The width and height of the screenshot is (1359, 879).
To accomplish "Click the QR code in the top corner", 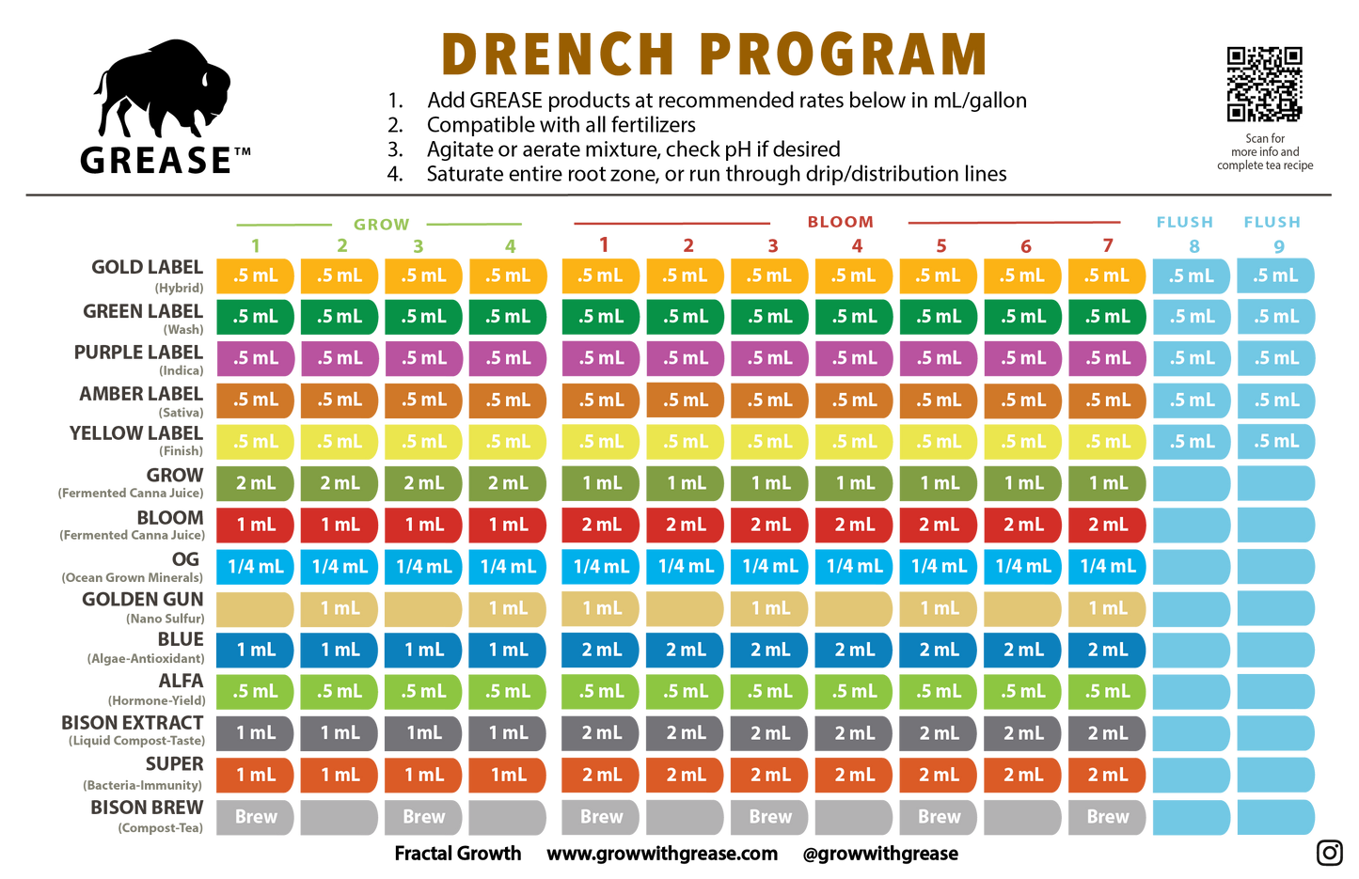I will click(1264, 84).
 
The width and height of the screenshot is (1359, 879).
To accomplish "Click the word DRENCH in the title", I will click(558, 54).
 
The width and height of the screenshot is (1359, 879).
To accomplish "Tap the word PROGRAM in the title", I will click(843, 54).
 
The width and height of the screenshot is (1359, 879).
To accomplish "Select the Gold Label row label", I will click(147, 268).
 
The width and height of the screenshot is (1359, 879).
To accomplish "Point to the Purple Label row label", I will click(138, 353).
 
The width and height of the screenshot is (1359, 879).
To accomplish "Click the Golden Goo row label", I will click(142, 600).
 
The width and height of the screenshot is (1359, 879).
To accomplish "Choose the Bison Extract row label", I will click(133, 723).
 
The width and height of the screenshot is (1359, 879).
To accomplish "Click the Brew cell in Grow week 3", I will click(423, 817).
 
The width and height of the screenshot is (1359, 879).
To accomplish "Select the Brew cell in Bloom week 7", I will click(1107, 817).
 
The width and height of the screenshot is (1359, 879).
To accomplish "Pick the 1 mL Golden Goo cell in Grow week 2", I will click(340, 608).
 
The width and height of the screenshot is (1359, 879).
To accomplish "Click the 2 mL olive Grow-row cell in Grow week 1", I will click(255, 483).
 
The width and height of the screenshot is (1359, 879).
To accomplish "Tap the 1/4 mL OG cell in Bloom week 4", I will click(854, 566).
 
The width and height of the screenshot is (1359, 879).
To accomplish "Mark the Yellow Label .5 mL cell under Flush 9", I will click(1276, 441).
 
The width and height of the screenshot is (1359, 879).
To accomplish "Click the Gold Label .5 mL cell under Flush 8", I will click(1192, 275).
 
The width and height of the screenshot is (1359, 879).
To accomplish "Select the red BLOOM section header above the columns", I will click(840, 222).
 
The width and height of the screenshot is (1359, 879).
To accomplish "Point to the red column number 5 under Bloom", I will click(940, 246).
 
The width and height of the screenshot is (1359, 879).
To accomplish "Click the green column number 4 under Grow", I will click(509, 246).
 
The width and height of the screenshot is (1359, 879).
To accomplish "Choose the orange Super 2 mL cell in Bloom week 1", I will click(601, 775).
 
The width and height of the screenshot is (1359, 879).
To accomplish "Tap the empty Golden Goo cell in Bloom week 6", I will click(1022, 608).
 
